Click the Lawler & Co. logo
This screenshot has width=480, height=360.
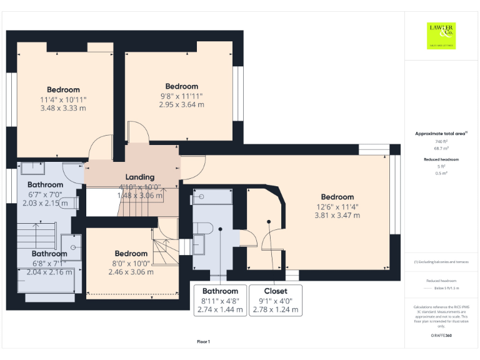pyautogui.click(x=441, y=35)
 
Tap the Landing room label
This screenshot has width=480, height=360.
pyautogui.click(x=139, y=177)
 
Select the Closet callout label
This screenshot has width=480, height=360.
pyautogui.click(x=276, y=291)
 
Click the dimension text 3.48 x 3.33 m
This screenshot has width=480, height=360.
pyautogui.click(x=63, y=108)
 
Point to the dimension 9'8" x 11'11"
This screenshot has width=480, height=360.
pyautogui.click(x=181, y=96)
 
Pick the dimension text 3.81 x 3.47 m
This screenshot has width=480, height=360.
pyautogui.click(x=337, y=216)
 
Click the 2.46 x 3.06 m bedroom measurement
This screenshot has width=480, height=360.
pyautogui.click(x=131, y=272)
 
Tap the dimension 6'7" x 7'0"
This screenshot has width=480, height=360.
pyautogui.click(x=45, y=194)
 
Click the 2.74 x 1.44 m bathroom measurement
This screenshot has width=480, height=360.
pyautogui.click(x=221, y=309)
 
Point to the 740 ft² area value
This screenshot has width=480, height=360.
pyautogui.click(x=441, y=142)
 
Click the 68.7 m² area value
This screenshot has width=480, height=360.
pyautogui.click(x=441, y=149)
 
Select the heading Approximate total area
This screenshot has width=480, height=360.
pyautogui.click(x=441, y=134)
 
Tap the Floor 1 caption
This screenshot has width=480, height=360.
pyautogui.click(x=203, y=341)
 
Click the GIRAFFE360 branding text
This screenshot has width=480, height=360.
pyautogui.click(x=441, y=336)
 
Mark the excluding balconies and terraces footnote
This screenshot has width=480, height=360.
pyautogui.click(x=441, y=262)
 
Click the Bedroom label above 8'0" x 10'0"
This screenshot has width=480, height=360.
pyautogui.click(x=131, y=254)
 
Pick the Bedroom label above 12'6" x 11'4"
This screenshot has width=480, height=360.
pyautogui.click(x=337, y=197)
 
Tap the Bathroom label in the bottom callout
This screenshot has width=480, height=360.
pyautogui.click(x=221, y=291)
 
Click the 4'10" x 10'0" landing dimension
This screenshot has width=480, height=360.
pyautogui.click(x=139, y=186)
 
